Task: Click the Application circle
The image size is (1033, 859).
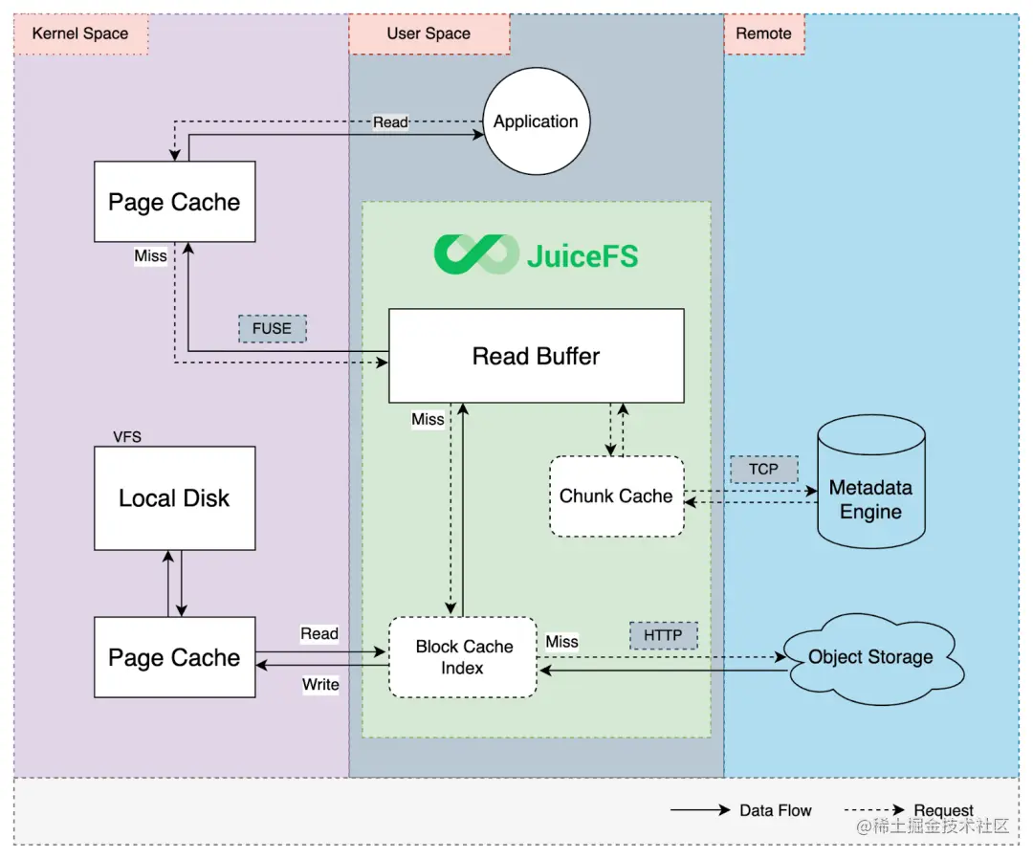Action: pos(537,121)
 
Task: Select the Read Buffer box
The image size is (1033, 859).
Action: pos(537,356)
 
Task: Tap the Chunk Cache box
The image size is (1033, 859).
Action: pos(617,496)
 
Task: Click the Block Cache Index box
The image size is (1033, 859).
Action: pos(463,657)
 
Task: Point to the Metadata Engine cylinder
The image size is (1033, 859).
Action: pos(871,481)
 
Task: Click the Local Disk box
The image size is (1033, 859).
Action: pos(175,498)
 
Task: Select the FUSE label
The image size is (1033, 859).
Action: pos(272,328)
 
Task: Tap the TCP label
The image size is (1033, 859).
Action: pos(763,469)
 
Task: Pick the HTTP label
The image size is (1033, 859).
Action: pos(663,635)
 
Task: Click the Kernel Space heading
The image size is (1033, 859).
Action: pos(80,33)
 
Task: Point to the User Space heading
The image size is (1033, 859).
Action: pos(429,33)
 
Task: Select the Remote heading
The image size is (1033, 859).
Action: pos(764,33)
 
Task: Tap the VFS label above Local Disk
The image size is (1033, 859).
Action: pos(127,437)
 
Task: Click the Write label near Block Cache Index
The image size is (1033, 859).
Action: pos(320,685)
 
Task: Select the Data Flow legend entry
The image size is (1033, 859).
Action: pos(741,810)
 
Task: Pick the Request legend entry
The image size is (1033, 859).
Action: pos(910,809)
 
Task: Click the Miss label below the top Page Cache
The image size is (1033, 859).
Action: pos(150,255)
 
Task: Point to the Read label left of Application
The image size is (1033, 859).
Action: pos(390,121)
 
